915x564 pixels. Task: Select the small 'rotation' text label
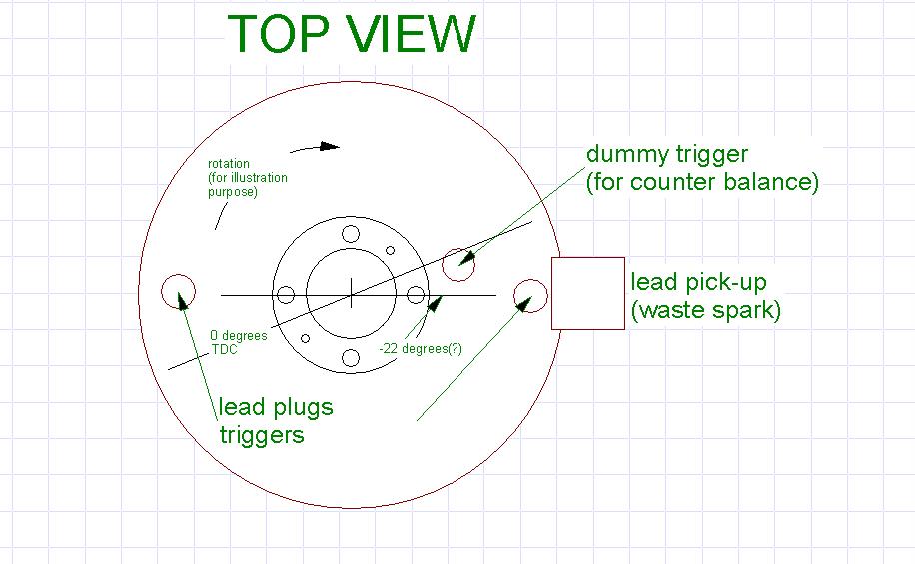click(x=229, y=164)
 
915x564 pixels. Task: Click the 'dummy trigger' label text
click(x=667, y=154)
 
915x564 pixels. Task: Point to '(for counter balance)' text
click(x=702, y=183)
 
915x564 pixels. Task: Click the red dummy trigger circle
click(x=458, y=264)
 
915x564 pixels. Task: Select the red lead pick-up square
click(x=588, y=293)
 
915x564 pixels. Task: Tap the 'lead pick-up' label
click(x=698, y=283)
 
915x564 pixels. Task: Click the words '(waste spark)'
click(x=705, y=310)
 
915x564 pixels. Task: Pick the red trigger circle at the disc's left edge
click(x=179, y=291)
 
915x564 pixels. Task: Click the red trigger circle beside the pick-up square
click(x=530, y=295)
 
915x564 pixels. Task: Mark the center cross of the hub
click(x=351, y=295)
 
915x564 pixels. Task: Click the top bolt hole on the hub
click(x=351, y=234)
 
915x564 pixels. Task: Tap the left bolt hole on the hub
click(x=286, y=295)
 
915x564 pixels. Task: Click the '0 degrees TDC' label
click(x=238, y=343)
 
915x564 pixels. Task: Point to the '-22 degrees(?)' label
click(x=420, y=349)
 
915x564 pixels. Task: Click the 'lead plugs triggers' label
click(x=276, y=421)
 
